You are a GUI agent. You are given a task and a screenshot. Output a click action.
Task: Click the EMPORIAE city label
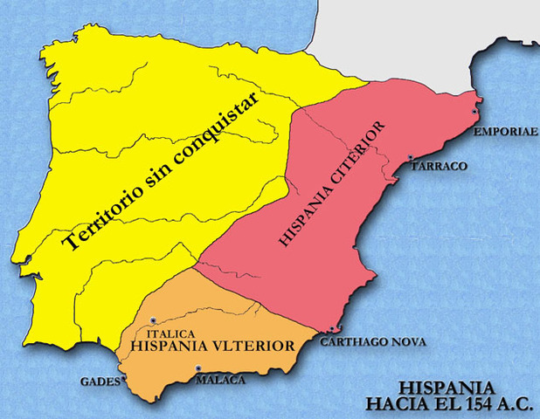(501, 134)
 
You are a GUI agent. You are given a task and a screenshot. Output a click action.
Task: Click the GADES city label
(99, 381)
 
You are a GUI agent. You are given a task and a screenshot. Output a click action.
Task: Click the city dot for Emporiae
(474, 112)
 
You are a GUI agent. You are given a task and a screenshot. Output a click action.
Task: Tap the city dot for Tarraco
(411, 158)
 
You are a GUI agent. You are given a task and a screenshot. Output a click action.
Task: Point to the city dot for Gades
(125, 377)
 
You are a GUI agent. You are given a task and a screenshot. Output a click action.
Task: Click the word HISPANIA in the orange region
(169, 347)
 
